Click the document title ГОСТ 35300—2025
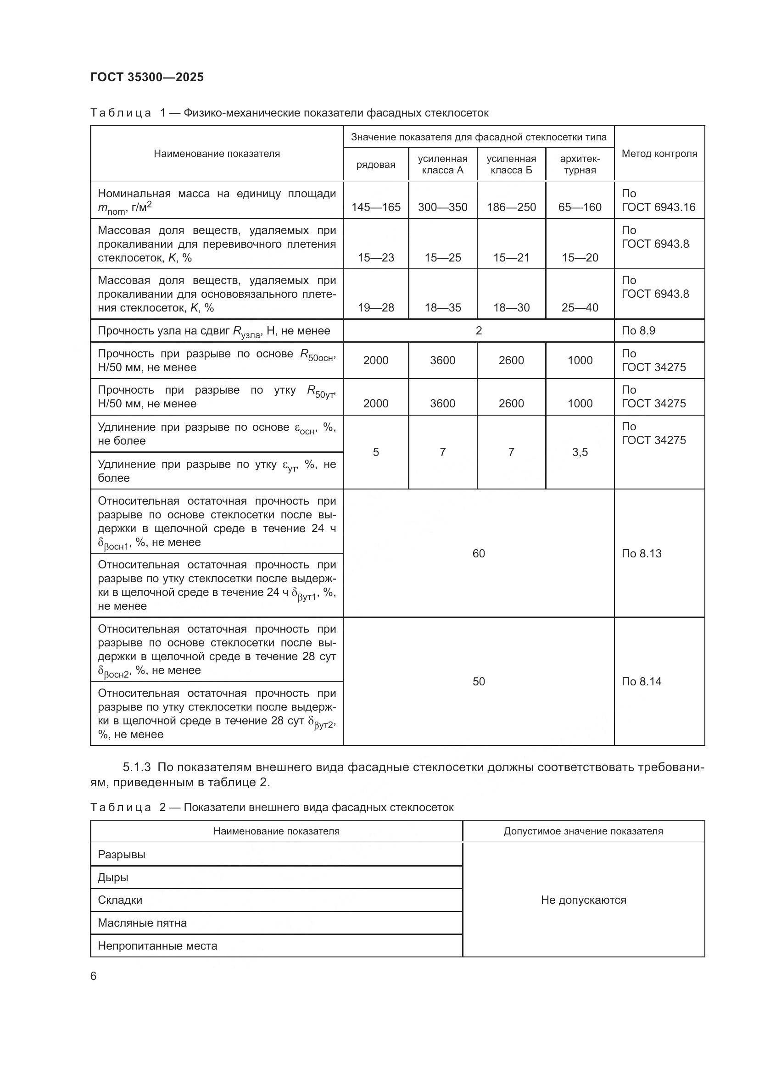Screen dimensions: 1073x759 pos(147,77)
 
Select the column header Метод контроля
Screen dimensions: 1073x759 pos(659,153)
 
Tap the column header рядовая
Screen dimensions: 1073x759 pos(376,165)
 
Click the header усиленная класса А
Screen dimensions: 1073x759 pos(442,164)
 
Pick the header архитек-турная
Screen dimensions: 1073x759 pos(580,164)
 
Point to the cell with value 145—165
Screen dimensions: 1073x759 pos(376,207)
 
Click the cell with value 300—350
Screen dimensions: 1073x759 pos(442,207)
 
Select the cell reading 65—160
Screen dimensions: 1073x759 pos(580,207)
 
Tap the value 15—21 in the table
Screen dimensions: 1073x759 pos(511,257)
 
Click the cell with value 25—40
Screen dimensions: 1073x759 pos(580,307)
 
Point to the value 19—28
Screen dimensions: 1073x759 pos(376,307)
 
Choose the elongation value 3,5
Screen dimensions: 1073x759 pos(580,452)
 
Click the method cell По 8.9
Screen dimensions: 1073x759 pos(638,331)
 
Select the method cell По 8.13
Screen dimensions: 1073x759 pos(641,553)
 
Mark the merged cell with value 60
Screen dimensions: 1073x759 pos(479,553)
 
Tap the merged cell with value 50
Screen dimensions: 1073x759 pos(479,681)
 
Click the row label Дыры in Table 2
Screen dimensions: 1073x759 pos(113,877)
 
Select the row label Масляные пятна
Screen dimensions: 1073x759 pos(142,923)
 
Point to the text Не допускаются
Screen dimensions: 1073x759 pos(583,900)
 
